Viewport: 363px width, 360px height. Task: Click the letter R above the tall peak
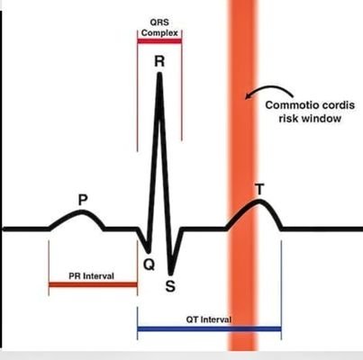(159, 61)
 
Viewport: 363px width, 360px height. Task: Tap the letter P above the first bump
(83, 200)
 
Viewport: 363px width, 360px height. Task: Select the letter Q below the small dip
(149, 265)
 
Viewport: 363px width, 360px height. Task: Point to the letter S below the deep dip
(170, 286)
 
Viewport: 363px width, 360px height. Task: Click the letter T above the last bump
(259, 190)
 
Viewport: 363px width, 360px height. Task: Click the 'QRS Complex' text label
(159, 28)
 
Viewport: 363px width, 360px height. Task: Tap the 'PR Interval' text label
(91, 275)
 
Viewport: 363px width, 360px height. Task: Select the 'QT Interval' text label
(209, 319)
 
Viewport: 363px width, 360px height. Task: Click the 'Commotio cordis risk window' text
(310, 112)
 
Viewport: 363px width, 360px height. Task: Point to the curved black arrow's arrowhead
(248, 95)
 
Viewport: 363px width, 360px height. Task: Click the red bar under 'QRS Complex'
(159, 40)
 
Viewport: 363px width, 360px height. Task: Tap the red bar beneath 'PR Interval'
(93, 284)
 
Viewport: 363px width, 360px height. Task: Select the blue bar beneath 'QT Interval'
(209, 329)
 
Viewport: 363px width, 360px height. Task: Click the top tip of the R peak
(159, 74)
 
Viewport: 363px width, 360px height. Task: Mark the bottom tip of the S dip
(170, 274)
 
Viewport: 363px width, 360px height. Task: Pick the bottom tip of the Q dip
(148, 251)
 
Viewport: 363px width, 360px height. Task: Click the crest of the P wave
(82, 211)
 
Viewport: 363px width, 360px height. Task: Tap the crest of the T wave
(259, 201)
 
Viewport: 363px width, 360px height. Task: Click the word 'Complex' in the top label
(159, 32)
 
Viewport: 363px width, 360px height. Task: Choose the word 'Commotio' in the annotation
(286, 105)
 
